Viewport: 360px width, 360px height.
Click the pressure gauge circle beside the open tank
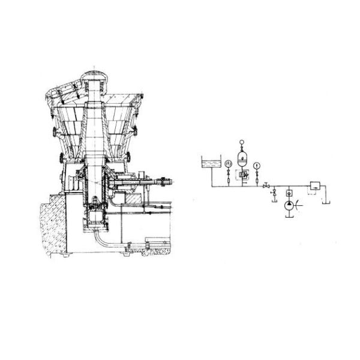click(x=228, y=164)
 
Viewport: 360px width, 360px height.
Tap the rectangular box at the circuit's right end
click(x=314, y=185)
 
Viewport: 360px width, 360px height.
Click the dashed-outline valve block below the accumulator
click(x=243, y=175)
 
